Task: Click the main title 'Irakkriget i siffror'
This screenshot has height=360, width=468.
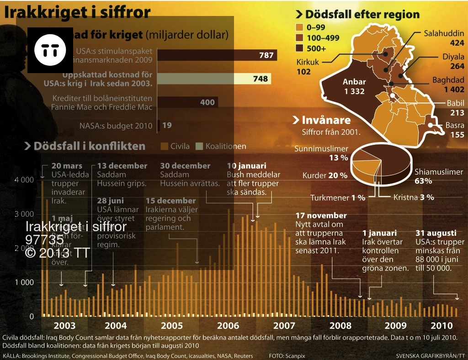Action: [x=78, y=12]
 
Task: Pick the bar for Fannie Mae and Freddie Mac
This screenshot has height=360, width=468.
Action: [x=188, y=102]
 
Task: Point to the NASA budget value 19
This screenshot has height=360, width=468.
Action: [x=167, y=125]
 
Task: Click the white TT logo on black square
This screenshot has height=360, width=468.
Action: [x=50, y=50]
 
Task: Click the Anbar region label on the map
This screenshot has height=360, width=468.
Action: [x=355, y=87]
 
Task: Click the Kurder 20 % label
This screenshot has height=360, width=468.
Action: [x=325, y=175]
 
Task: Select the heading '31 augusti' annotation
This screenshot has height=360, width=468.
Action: [x=435, y=233]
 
